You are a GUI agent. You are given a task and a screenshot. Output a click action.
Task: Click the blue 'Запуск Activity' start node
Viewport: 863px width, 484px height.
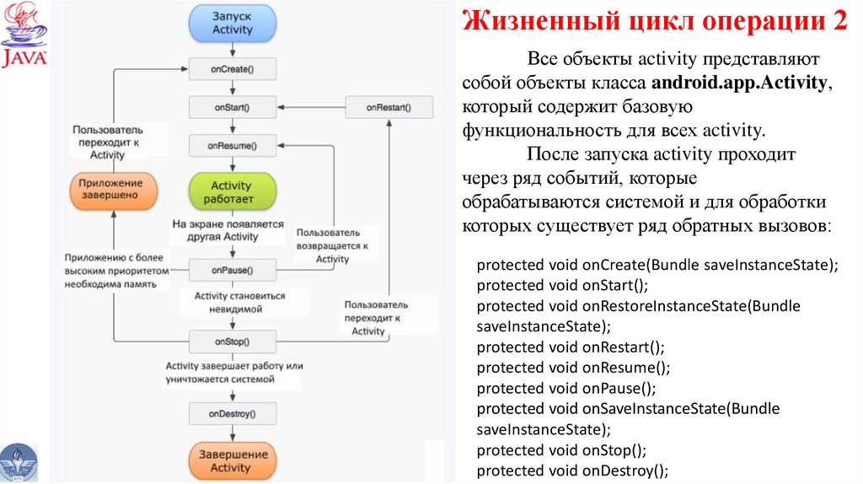232,23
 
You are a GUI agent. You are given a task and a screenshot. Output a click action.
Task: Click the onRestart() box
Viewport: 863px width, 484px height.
389,107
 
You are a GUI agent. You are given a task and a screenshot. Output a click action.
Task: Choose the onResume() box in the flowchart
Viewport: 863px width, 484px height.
231,146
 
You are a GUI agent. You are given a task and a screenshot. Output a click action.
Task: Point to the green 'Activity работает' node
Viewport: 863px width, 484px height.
231,191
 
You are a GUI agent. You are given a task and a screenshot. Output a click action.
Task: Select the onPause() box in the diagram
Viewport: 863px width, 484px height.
231,271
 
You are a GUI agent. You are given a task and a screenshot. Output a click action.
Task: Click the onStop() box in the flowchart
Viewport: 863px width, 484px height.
231,342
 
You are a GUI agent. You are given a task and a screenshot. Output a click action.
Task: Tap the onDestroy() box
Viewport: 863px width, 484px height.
231,413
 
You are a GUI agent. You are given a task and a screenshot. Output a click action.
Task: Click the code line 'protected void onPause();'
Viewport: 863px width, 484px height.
566,388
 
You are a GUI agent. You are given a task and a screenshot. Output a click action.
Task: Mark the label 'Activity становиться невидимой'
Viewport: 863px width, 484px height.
239,303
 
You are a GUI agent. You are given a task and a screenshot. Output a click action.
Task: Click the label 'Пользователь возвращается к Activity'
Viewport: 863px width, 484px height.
332,245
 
